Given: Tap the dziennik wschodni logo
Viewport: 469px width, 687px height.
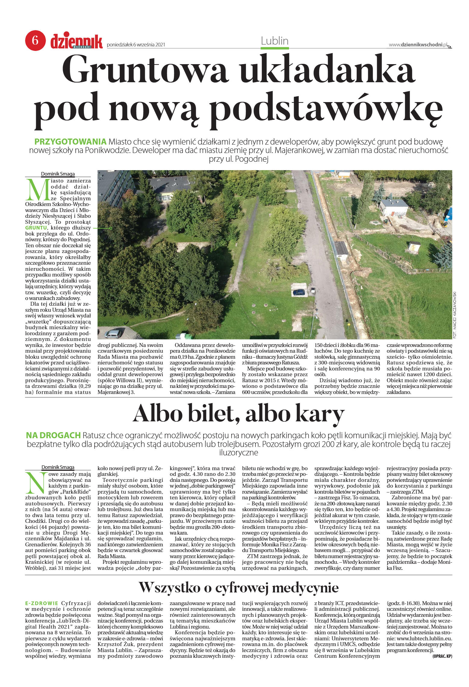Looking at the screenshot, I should click(x=76, y=42).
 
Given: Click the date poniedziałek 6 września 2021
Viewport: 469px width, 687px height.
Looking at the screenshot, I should click(x=136, y=45).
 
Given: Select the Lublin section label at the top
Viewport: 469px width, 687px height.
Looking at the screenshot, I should click(x=275, y=41).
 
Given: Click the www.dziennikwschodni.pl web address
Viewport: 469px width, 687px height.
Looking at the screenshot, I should click(x=418, y=45).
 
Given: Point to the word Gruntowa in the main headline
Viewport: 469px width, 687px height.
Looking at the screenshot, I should click(x=144, y=69).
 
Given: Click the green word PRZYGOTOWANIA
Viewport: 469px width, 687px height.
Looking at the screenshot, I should click(x=70, y=142).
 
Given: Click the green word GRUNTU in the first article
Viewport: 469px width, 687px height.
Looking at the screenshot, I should click(x=36, y=228).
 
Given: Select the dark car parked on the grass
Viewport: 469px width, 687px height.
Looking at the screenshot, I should click(x=299, y=292).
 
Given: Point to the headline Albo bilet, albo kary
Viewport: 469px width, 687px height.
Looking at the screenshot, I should click(x=238, y=414).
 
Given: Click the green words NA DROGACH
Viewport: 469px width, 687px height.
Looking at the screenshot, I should click(x=53, y=435).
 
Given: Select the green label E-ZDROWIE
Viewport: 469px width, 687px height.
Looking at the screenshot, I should click(x=42, y=603).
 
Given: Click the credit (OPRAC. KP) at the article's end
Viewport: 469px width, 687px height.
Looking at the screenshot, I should click(x=442, y=656).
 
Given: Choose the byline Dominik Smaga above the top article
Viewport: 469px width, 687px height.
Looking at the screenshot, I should click(x=58, y=174).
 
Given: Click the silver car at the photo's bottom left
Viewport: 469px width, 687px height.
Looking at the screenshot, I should click(x=113, y=334).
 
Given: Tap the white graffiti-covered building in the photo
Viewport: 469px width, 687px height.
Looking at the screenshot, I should click(x=393, y=208).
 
